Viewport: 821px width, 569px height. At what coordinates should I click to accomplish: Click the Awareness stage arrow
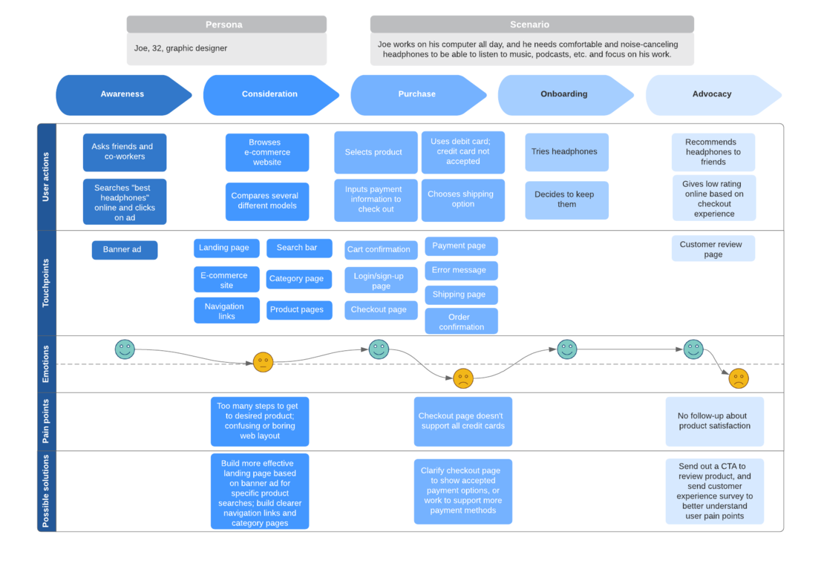pos(122,94)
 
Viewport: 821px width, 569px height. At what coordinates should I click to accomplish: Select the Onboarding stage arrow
pos(564,94)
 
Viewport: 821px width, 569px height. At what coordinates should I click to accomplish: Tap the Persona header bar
pos(226,24)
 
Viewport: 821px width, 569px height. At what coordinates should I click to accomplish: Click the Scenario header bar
pos(531,24)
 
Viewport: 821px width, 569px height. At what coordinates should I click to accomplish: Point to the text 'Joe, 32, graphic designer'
pos(181,48)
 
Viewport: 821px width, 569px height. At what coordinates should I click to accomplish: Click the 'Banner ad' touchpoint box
pos(124,250)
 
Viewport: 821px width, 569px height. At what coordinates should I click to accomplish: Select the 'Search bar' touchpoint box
pos(298,248)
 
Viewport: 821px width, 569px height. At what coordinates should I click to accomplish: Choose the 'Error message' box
pos(460,270)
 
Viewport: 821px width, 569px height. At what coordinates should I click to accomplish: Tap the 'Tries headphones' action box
pos(566,152)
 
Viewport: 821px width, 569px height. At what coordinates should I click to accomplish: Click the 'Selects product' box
pos(375,152)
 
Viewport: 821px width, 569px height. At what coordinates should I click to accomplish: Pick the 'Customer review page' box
pos(713,249)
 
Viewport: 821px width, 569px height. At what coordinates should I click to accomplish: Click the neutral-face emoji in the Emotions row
pos(263,362)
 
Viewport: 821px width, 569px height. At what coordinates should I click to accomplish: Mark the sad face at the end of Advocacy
pos(738,378)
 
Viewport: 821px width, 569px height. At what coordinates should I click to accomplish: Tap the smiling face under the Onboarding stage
pos(567,349)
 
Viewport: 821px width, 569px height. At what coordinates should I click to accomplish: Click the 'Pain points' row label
pos(46,421)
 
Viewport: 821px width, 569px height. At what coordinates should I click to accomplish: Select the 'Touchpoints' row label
pos(46,283)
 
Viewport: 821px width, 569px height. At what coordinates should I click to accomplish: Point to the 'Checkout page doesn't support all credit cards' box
pos(462,421)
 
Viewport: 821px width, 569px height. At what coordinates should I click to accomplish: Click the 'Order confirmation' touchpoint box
pos(460,321)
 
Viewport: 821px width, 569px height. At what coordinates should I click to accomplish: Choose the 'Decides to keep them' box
pos(566,200)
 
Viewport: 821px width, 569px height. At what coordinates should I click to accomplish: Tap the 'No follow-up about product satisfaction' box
pos(714,421)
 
